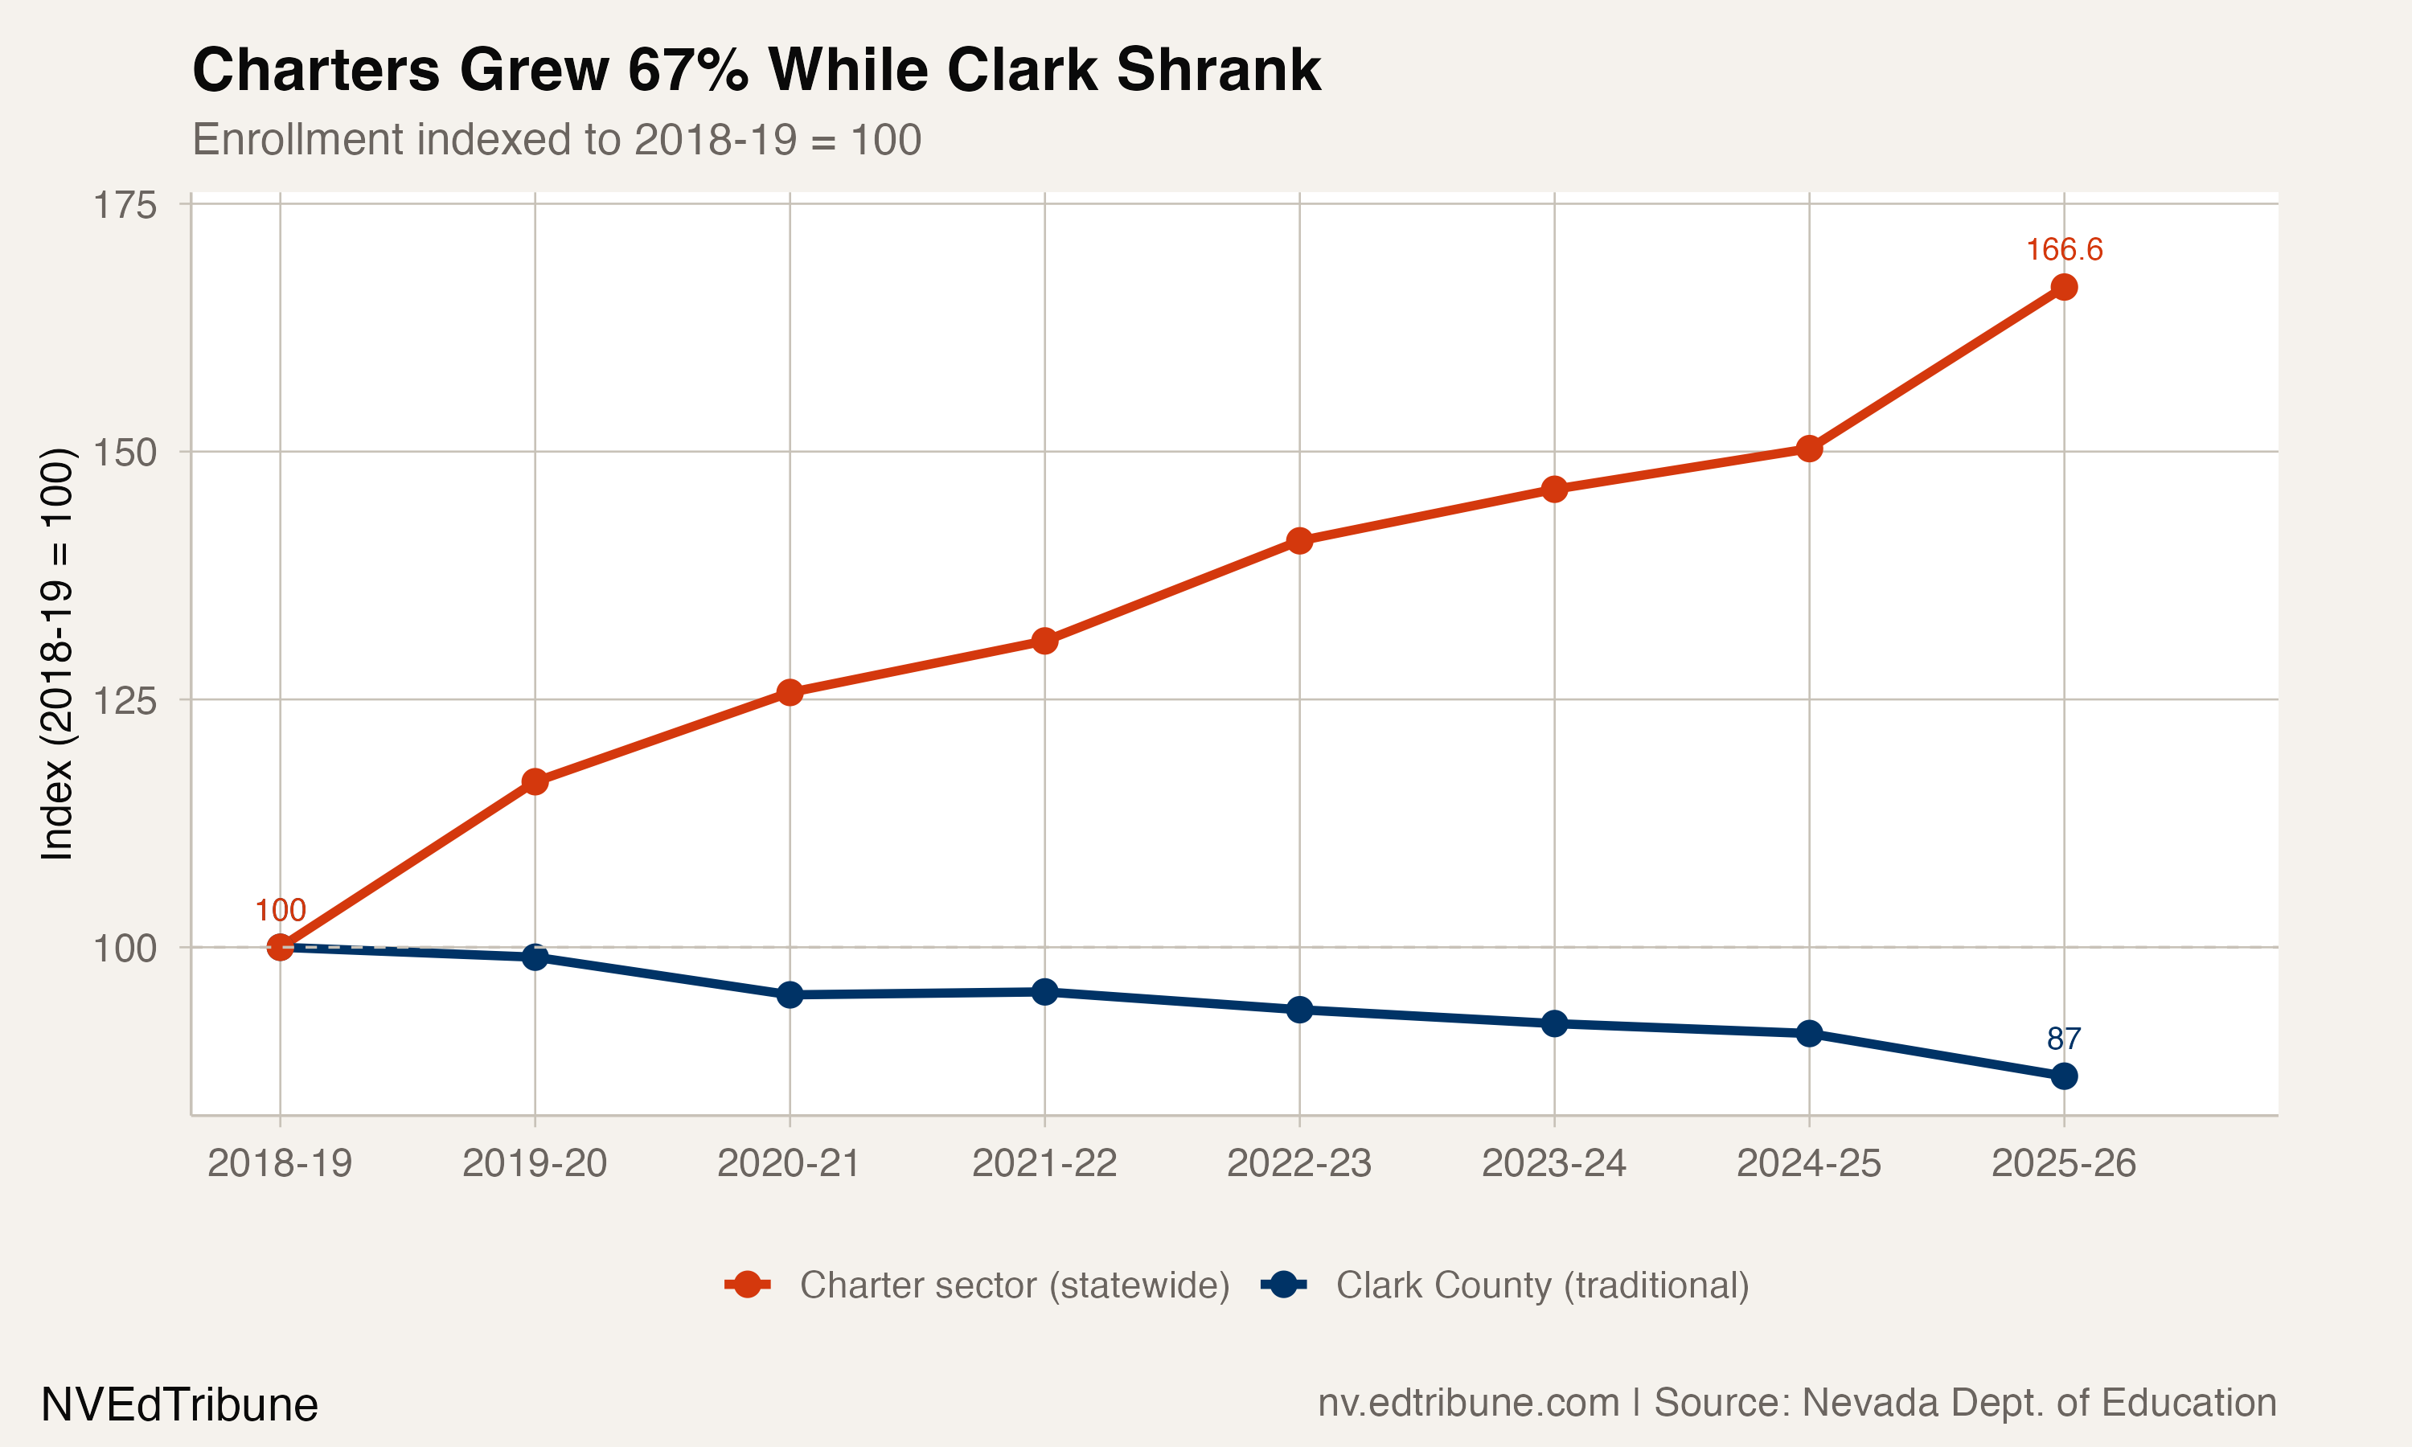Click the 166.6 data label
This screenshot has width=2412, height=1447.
(x=2063, y=250)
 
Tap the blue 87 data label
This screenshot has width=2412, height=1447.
(x=2063, y=1039)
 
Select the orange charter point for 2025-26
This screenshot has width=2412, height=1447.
(x=2063, y=287)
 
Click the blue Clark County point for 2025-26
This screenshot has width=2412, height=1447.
(x=2063, y=1076)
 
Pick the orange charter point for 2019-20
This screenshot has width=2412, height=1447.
(x=535, y=781)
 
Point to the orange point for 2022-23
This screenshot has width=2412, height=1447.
(x=1298, y=540)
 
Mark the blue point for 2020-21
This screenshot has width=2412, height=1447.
(x=790, y=994)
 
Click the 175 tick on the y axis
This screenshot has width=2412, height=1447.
(x=125, y=206)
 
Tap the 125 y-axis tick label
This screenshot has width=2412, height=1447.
(x=125, y=701)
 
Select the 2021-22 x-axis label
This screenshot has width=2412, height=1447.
(x=1044, y=1163)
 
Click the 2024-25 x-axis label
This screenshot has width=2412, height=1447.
(x=1808, y=1163)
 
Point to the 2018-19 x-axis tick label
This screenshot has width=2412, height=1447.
(x=280, y=1163)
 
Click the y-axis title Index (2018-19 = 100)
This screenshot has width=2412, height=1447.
(x=56, y=654)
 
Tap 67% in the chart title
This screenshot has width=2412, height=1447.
(x=688, y=70)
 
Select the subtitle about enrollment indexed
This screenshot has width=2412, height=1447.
(x=556, y=139)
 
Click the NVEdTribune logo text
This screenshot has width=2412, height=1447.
(x=179, y=1405)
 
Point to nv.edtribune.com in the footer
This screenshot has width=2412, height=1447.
(x=1468, y=1403)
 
